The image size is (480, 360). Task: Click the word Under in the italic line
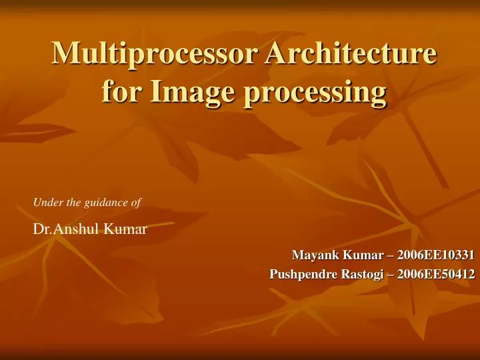pyautogui.click(x=45, y=201)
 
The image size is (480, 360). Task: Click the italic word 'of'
pyautogui.click(x=133, y=201)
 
